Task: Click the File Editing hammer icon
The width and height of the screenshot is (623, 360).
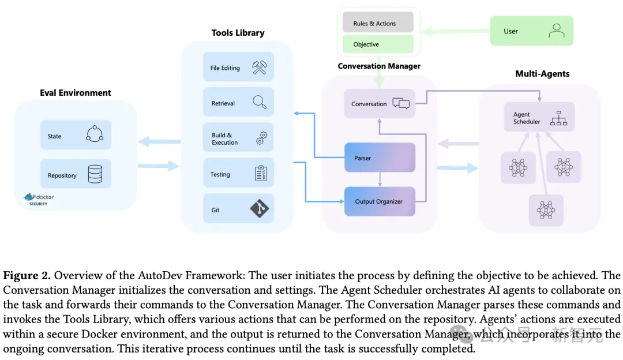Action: pyautogui.click(x=260, y=67)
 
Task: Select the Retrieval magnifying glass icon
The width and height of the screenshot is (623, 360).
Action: pyautogui.click(x=260, y=102)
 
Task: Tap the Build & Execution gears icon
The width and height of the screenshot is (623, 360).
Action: pyautogui.click(x=261, y=138)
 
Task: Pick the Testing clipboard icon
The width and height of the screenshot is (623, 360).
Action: pyautogui.click(x=261, y=173)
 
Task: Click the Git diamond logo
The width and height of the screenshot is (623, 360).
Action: pyautogui.click(x=260, y=208)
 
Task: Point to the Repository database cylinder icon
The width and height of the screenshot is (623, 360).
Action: pyautogui.click(x=95, y=174)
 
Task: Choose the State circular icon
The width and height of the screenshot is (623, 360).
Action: pyautogui.click(x=95, y=134)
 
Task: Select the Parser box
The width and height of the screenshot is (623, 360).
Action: pyautogui.click(x=380, y=157)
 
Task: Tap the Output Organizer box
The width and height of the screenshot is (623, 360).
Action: pyautogui.click(x=380, y=201)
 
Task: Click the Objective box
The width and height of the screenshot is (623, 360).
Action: pyautogui.click(x=378, y=44)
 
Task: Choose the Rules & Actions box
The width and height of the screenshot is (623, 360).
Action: pyautogui.click(x=378, y=23)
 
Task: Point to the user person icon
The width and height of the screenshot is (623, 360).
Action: pyautogui.click(x=556, y=31)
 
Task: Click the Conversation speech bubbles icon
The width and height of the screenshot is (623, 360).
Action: pyautogui.click(x=401, y=103)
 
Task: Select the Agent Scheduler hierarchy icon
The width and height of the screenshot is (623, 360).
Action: pyautogui.click(x=558, y=118)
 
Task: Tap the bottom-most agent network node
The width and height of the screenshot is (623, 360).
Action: pyautogui.click(x=546, y=210)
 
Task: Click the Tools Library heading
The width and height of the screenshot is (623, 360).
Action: pyautogui.click(x=238, y=32)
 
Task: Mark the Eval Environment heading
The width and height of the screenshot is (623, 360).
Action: pyautogui.click(x=76, y=92)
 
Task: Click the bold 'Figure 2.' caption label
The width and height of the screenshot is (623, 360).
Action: pyautogui.click(x=27, y=275)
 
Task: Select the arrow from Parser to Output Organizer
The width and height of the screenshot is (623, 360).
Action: pyautogui.click(x=380, y=179)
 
